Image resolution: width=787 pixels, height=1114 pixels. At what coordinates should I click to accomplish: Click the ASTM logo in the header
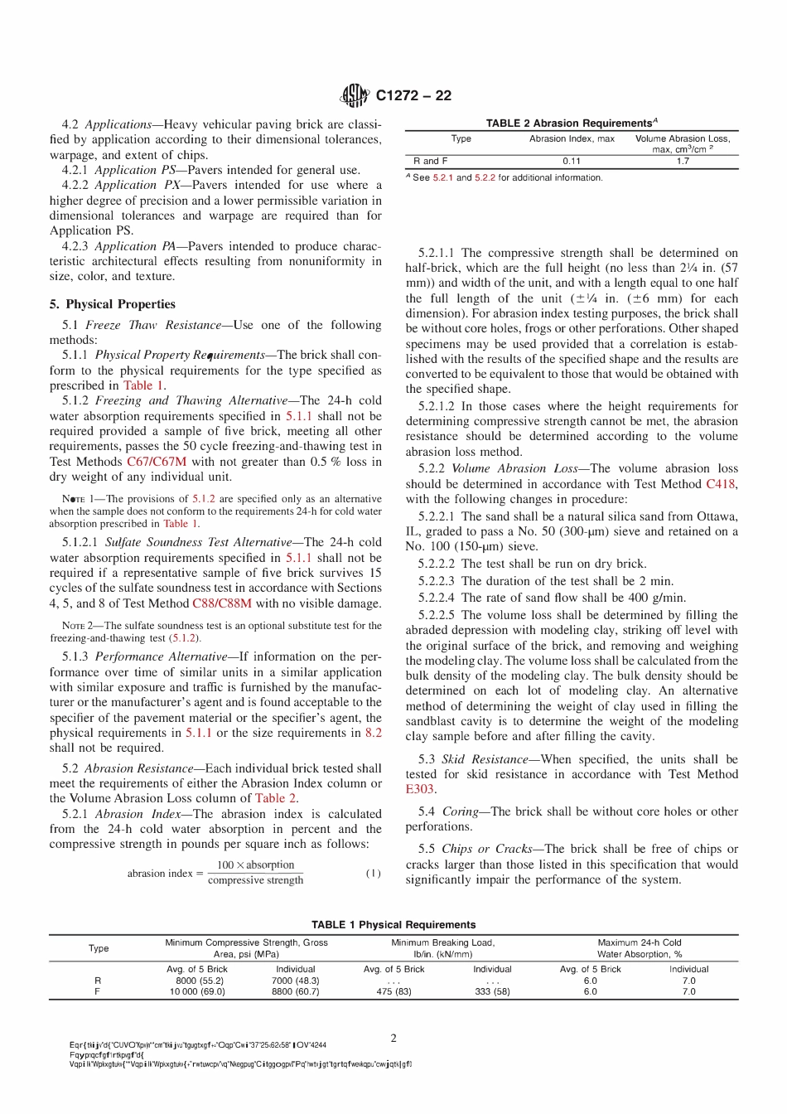point(355,96)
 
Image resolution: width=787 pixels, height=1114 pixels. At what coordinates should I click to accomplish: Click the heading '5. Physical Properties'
point(113,304)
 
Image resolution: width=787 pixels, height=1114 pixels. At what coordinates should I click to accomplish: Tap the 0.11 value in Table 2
point(572,161)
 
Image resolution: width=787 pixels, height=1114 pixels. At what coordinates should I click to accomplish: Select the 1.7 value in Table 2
point(683,161)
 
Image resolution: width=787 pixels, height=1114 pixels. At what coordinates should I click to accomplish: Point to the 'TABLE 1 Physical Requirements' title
point(393,924)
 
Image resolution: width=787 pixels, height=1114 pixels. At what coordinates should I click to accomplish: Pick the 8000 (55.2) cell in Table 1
point(196,980)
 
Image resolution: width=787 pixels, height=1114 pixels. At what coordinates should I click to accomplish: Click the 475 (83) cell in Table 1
point(393,991)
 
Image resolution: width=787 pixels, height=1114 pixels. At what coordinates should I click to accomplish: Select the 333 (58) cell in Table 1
point(492,991)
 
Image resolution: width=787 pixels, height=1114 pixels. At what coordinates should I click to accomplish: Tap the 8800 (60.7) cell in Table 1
point(295,991)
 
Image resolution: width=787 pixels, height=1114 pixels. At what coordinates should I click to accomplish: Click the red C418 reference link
point(721,484)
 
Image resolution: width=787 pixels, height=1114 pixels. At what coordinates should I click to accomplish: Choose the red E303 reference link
point(420,789)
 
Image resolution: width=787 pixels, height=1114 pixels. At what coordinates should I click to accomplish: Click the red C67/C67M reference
point(157,462)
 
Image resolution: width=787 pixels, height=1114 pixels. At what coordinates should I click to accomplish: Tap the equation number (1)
point(374,873)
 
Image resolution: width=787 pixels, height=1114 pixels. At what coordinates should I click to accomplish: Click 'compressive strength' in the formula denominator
point(255,880)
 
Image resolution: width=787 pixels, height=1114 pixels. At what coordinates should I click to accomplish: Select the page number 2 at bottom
point(393,1038)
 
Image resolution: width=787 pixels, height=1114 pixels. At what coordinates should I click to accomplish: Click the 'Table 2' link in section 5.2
point(276,798)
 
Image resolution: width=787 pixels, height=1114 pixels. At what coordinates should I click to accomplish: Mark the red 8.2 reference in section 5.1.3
point(374,733)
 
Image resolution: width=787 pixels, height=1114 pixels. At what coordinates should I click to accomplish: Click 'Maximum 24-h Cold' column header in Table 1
point(640,942)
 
